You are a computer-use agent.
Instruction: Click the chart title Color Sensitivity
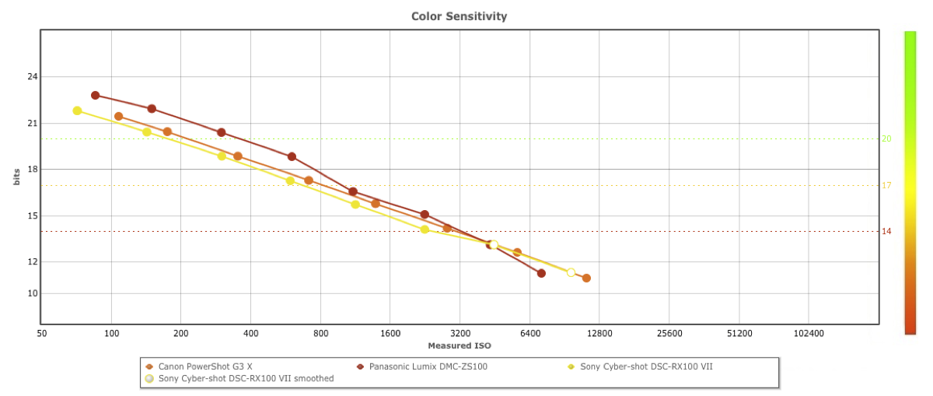(459, 16)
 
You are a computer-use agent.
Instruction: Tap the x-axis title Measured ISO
(460, 345)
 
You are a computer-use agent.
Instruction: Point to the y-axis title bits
(17, 177)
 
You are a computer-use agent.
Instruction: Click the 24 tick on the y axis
(32, 77)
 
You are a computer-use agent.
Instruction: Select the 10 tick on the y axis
(32, 293)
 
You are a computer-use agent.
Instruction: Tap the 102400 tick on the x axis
(809, 334)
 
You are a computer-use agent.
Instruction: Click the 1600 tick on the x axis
(390, 334)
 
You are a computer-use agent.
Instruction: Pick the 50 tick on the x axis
(42, 334)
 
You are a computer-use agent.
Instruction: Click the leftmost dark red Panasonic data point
(96, 96)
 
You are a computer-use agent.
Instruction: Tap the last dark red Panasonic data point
(541, 273)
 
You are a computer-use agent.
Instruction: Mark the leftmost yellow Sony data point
(77, 110)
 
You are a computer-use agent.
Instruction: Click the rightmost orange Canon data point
(586, 278)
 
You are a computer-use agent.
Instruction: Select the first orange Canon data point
(118, 117)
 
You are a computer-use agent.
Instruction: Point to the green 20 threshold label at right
(886, 139)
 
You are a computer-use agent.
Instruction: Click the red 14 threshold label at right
(886, 231)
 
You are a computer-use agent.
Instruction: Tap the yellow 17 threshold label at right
(886, 185)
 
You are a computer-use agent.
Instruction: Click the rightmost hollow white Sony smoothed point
(571, 272)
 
